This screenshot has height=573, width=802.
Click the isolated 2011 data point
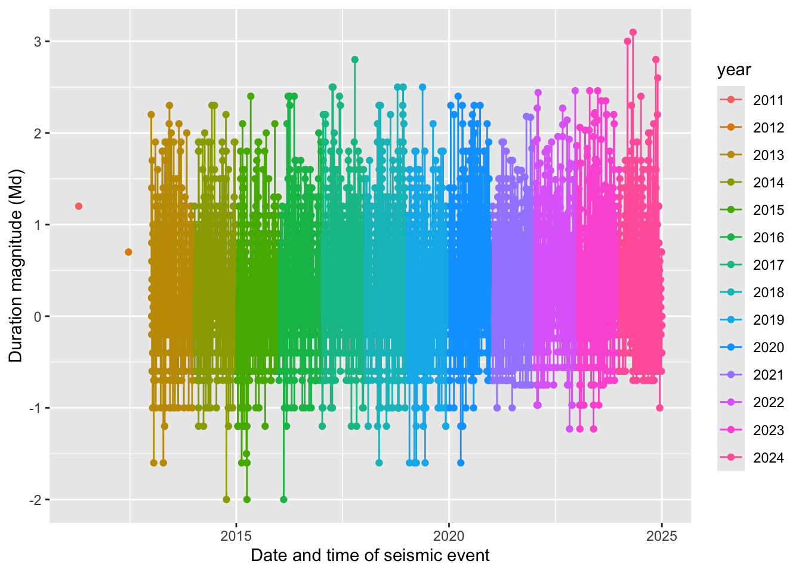coord(79,206)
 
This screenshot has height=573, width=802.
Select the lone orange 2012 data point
coord(128,252)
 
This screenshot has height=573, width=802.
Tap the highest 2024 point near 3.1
coord(633,32)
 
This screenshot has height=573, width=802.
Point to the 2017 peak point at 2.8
coord(355,60)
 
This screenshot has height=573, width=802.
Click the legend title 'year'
coord(734,70)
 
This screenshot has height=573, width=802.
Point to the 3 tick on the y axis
coord(38,42)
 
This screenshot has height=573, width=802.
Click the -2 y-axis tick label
coord(35,500)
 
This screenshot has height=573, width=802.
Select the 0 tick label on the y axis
coord(38,316)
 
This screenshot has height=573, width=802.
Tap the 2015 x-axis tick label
coord(236,535)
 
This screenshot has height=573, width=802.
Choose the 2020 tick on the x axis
coord(449,535)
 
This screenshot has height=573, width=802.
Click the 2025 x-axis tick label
coord(661,535)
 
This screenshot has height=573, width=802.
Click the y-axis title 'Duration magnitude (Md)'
coord(16,266)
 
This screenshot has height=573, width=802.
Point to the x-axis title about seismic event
coord(370,556)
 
